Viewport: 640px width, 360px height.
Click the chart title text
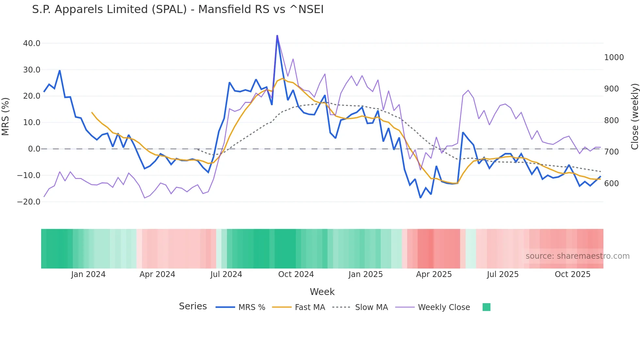(178, 9)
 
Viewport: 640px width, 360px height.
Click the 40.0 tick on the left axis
(32, 43)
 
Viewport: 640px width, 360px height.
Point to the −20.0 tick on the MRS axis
(29, 202)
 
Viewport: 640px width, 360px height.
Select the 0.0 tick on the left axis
(34, 149)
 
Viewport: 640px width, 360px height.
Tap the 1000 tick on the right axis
(614, 57)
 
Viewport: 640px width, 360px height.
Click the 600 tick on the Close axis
(611, 184)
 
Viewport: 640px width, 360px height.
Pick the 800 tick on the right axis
(611, 121)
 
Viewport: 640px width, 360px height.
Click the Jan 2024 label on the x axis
(88, 274)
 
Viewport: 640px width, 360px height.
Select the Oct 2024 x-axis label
(296, 274)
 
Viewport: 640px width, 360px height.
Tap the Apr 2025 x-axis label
(434, 274)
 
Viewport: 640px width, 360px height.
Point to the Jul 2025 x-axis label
(503, 274)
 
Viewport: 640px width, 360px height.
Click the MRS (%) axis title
(6, 117)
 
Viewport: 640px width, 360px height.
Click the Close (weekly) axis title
(634, 117)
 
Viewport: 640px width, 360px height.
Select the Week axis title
(322, 292)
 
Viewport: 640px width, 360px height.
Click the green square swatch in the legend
(487, 307)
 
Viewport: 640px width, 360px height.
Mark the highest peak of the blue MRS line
(277, 36)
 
